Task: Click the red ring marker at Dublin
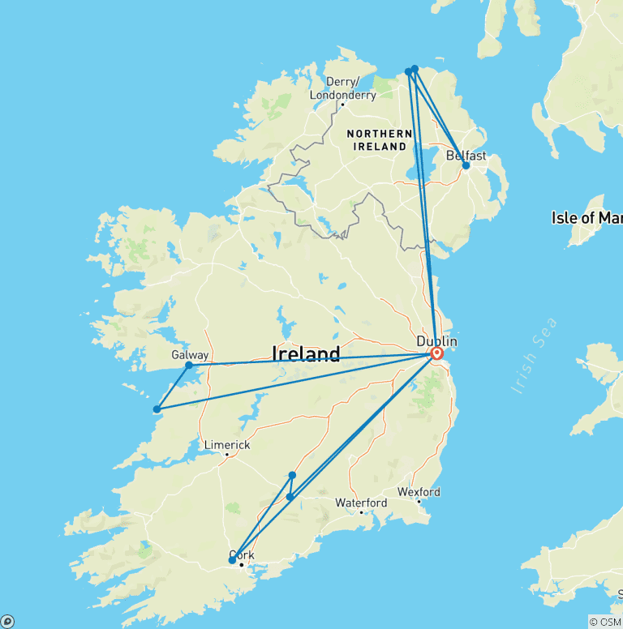click(x=437, y=353)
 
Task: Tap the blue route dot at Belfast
click(x=466, y=165)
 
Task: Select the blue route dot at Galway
click(x=189, y=365)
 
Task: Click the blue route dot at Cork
click(x=232, y=560)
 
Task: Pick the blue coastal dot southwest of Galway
click(x=157, y=409)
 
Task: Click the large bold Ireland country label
click(x=306, y=353)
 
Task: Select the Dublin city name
click(x=436, y=341)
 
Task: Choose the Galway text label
click(x=190, y=355)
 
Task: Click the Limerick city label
click(x=227, y=445)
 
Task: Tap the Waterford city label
click(x=361, y=503)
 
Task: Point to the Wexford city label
click(x=419, y=492)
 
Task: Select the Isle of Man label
click(x=586, y=217)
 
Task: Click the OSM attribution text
click(x=604, y=622)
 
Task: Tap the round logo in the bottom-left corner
click(x=7, y=621)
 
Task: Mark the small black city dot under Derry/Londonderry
click(x=342, y=104)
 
